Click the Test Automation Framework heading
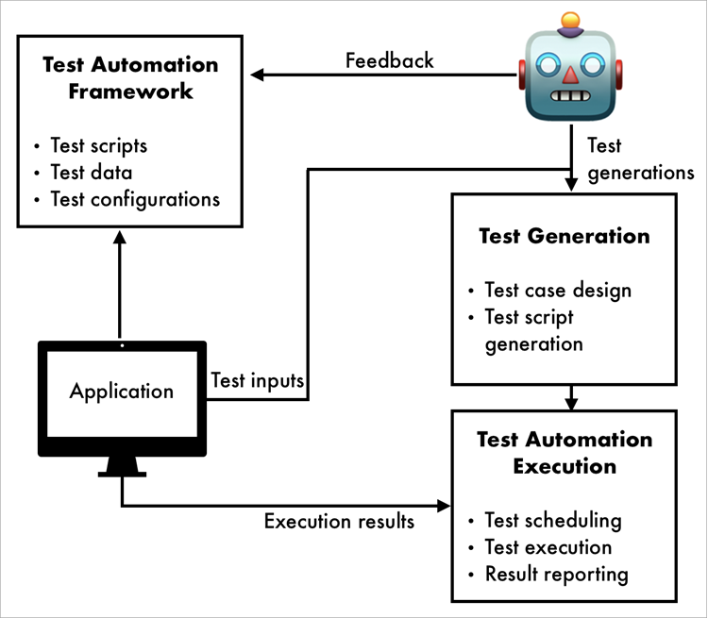(x=130, y=78)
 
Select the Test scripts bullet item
(x=100, y=146)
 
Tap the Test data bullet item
(x=93, y=173)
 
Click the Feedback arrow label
(x=389, y=60)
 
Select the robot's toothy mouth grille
(x=569, y=96)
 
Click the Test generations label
(x=640, y=159)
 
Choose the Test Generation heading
(x=564, y=236)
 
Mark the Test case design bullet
(x=557, y=291)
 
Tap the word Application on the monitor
(x=121, y=391)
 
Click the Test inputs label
(x=257, y=381)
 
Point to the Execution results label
(x=338, y=522)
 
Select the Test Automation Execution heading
(x=564, y=453)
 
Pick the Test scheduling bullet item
(x=552, y=520)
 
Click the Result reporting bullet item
(x=556, y=574)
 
